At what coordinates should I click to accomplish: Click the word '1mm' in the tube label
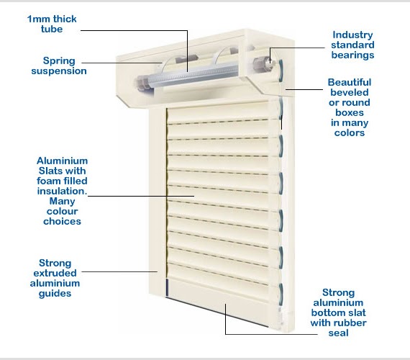click(x=37, y=19)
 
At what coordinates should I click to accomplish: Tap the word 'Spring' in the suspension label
click(x=59, y=61)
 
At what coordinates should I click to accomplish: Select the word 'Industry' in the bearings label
click(x=352, y=35)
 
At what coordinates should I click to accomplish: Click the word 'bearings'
click(x=352, y=55)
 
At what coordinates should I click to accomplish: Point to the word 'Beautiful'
click(x=350, y=82)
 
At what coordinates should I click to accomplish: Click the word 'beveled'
click(x=350, y=92)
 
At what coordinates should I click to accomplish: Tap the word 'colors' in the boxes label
click(x=350, y=132)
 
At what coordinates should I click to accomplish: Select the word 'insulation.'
click(x=62, y=191)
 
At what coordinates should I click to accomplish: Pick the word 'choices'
click(x=62, y=222)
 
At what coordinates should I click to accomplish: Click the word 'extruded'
click(x=55, y=273)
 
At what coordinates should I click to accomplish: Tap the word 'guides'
click(x=55, y=294)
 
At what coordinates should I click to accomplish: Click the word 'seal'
click(x=338, y=333)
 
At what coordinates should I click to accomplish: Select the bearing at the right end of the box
click(x=263, y=63)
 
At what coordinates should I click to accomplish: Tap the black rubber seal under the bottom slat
click(x=217, y=312)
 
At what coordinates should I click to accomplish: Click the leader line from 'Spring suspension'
click(x=122, y=63)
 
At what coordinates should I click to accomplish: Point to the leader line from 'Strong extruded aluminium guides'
click(x=119, y=271)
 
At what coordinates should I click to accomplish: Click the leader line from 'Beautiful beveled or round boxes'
click(x=304, y=89)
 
